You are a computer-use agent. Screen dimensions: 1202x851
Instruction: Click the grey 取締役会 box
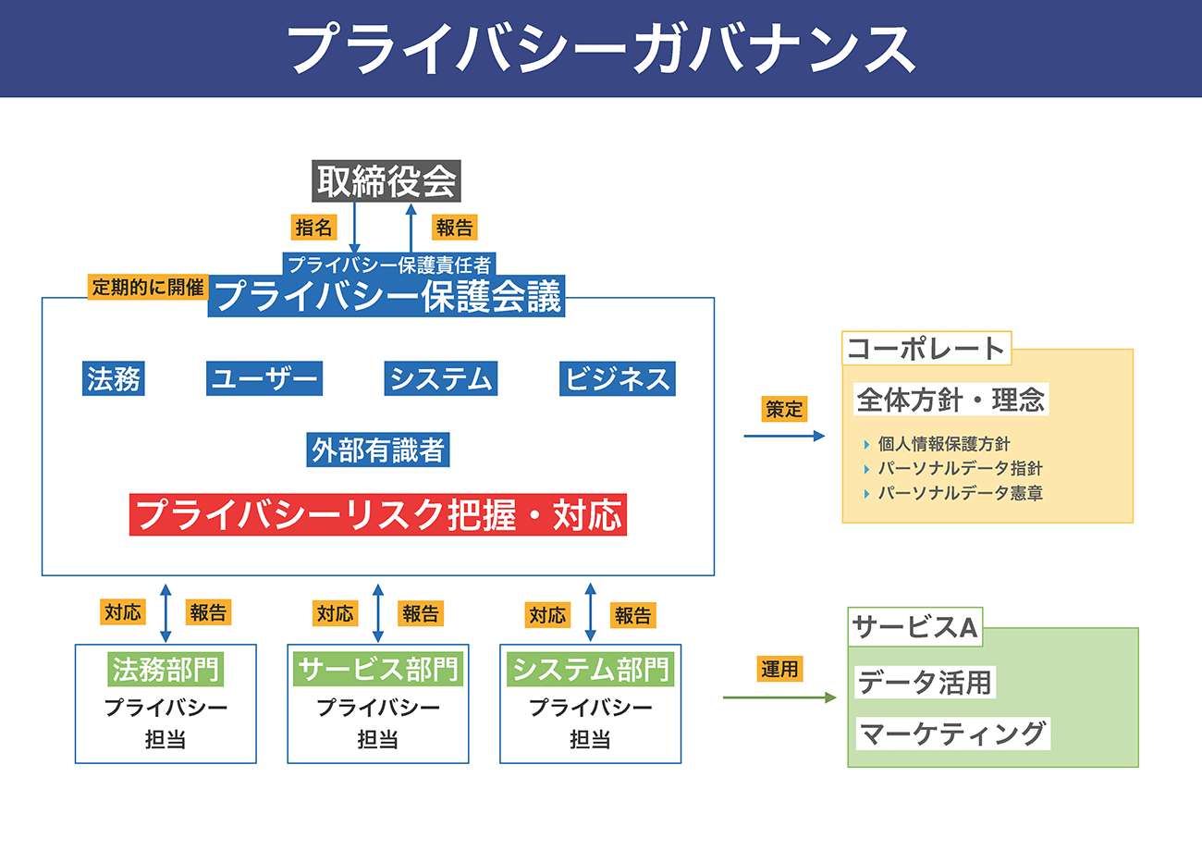pos(386,181)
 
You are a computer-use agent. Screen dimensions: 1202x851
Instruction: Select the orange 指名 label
pos(314,228)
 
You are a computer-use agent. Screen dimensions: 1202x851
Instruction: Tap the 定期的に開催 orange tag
pos(148,287)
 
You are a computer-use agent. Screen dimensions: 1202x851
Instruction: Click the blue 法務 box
pos(113,378)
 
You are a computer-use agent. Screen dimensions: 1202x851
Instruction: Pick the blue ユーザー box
pos(264,378)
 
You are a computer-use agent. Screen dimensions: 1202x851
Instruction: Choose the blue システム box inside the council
pos(440,378)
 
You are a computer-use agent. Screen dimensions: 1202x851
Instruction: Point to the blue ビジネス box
pos(617,378)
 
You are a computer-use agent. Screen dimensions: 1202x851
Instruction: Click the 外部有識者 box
pos(378,450)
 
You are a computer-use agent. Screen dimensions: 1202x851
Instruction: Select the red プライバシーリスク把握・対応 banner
pos(378,514)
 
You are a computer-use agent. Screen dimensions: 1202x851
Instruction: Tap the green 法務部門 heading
pos(166,669)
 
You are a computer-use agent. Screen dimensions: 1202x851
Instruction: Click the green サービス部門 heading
pos(378,669)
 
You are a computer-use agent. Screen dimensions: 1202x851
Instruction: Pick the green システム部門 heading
pos(590,669)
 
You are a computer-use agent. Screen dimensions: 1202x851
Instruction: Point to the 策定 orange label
pos(784,409)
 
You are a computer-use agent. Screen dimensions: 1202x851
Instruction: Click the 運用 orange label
pos(779,669)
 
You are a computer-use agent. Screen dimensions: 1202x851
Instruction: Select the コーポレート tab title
pos(926,349)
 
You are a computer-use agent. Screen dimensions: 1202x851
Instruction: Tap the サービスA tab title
pos(915,627)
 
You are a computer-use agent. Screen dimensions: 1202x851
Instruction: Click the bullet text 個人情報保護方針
pos(944,444)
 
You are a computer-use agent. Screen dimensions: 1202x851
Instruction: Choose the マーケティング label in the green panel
pos(952,734)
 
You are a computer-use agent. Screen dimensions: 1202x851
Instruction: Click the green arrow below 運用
pos(779,697)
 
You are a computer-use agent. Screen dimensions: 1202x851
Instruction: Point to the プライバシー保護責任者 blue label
pos(389,265)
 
